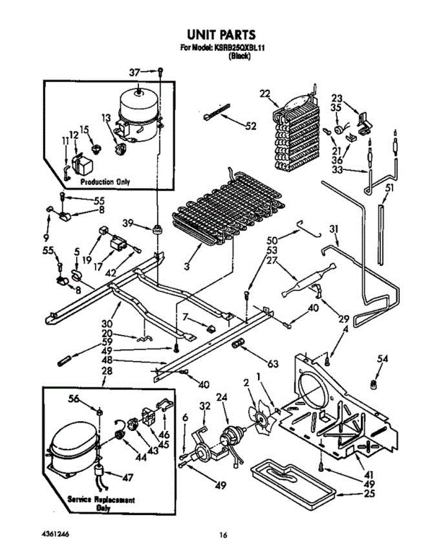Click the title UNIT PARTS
coord(220,35)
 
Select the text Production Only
coord(105,182)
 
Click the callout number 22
coord(264,94)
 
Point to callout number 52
coord(251,126)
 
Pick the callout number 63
coord(273,364)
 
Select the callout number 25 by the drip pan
coord(369,494)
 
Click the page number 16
coord(223,535)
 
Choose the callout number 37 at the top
coord(134,72)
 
